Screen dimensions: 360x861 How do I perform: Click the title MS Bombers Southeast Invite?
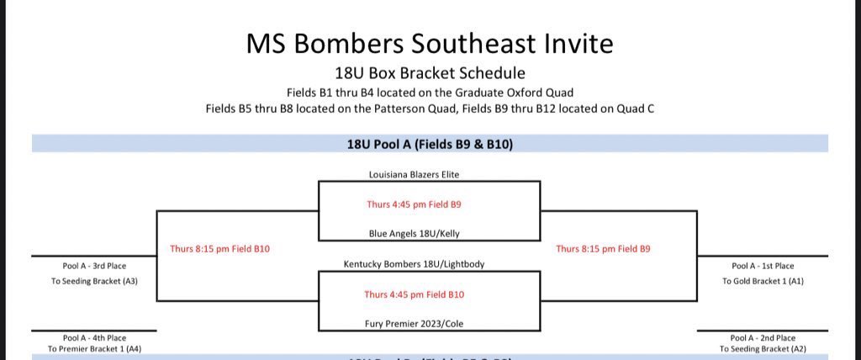430,44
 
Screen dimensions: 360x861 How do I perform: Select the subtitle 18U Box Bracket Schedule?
430,73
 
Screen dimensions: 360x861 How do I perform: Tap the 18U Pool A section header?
430,145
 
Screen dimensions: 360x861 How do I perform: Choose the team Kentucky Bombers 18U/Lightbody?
414,264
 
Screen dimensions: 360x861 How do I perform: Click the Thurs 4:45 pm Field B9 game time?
414,204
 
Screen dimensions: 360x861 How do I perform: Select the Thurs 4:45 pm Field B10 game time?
414,294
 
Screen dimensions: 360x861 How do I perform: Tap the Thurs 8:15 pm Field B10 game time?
219,249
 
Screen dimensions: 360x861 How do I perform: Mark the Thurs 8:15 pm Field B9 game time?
603,249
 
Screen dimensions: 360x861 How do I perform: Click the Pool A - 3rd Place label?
94,266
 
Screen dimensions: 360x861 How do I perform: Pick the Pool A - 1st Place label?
763,266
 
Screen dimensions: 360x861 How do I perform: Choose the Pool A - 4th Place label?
94,336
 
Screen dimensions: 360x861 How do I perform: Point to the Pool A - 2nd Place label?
763,336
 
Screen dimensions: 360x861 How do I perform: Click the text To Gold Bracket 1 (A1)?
763,281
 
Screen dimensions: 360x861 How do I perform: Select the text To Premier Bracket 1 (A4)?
94,348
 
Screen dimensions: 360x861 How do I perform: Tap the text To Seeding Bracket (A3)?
94,281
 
